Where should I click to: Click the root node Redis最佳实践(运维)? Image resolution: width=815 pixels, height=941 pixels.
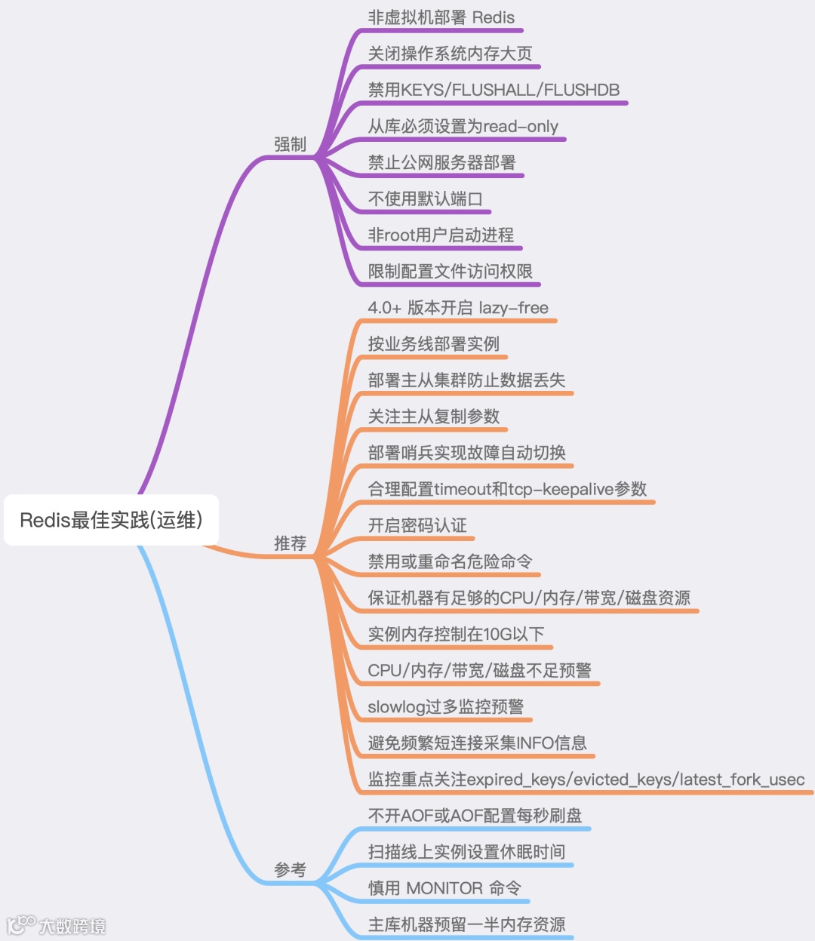pos(111,520)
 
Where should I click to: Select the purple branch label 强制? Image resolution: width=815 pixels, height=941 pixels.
pos(290,144)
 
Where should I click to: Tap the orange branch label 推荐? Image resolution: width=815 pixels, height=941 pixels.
pos(290,543)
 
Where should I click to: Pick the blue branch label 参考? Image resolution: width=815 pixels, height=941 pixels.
pos(290,869)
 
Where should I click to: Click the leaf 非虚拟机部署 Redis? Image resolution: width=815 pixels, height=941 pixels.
pos(441,18)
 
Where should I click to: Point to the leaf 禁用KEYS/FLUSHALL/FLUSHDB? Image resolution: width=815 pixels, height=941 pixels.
pos(494,90)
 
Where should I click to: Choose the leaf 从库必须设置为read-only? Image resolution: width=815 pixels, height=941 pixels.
pos(463,126)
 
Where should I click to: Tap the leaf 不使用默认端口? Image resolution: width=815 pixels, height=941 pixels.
pos(425,198)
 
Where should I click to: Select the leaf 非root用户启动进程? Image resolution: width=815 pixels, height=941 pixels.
pos(441,235)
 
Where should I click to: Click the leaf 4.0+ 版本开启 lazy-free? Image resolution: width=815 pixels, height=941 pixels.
pos(458,308)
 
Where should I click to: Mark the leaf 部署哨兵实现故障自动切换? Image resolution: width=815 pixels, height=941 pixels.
pos(466,453)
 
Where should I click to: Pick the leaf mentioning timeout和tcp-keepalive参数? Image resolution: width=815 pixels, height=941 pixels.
pos(507,489)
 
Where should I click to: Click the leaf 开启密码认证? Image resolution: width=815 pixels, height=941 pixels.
pos(417,525)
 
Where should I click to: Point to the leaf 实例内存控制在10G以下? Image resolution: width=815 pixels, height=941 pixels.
pos(456,634)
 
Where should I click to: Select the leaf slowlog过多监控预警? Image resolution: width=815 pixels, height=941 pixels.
pos(445,706)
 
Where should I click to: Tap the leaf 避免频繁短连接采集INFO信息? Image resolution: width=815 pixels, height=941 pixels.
pos(477,743)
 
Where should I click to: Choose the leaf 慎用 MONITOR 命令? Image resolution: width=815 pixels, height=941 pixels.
pos(444,888)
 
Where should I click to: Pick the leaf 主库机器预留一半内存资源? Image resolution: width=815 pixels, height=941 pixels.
pos(466,924)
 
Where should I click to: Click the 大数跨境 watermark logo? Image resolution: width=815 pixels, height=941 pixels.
pos(57,925)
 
